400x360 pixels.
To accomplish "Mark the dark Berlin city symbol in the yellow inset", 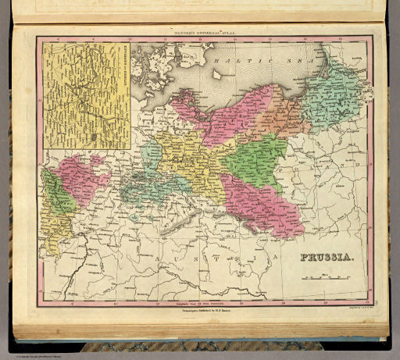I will (x=93, y=136).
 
